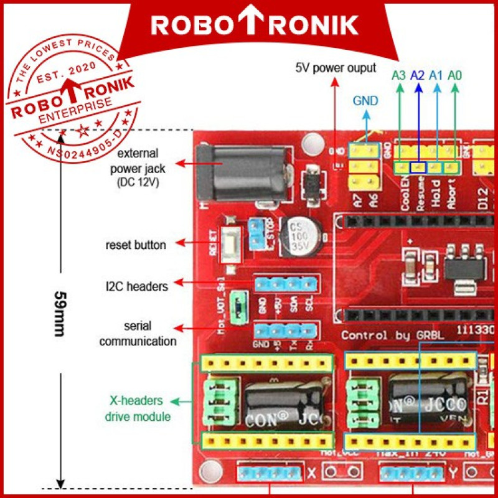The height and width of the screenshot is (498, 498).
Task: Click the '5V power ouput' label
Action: point(336,67)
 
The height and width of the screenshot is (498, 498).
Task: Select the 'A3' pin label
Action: point(399,75)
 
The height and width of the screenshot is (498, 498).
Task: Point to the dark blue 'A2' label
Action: point(418,75)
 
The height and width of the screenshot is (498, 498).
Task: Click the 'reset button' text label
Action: point(136,245)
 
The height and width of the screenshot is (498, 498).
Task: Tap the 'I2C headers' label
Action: point(136,286)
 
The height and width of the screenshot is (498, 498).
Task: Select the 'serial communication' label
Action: point(138,334)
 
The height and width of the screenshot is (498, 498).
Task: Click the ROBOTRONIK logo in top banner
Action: point(255,24)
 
